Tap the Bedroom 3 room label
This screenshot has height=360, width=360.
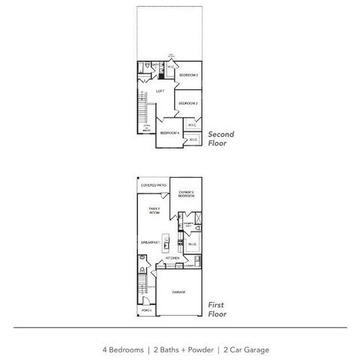click(188, 103)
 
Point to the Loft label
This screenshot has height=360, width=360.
click(160, 91)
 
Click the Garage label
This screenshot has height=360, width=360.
click(179, 292)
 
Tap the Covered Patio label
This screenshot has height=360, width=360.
click(153, 184)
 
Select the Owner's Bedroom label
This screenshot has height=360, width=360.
click(187, 194)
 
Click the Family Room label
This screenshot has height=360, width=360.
click(154, 211)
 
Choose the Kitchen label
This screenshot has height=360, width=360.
click(172, 258)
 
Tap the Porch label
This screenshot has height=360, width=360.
click(146, 310)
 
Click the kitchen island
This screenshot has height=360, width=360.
click(170, 244)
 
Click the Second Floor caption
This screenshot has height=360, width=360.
click(220, 138)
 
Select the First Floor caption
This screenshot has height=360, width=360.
click(217, 310)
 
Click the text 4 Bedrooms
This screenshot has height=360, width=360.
click(124, 349)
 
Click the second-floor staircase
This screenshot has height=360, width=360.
click(140, 105)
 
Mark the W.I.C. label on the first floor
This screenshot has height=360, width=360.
click(190, 243)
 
